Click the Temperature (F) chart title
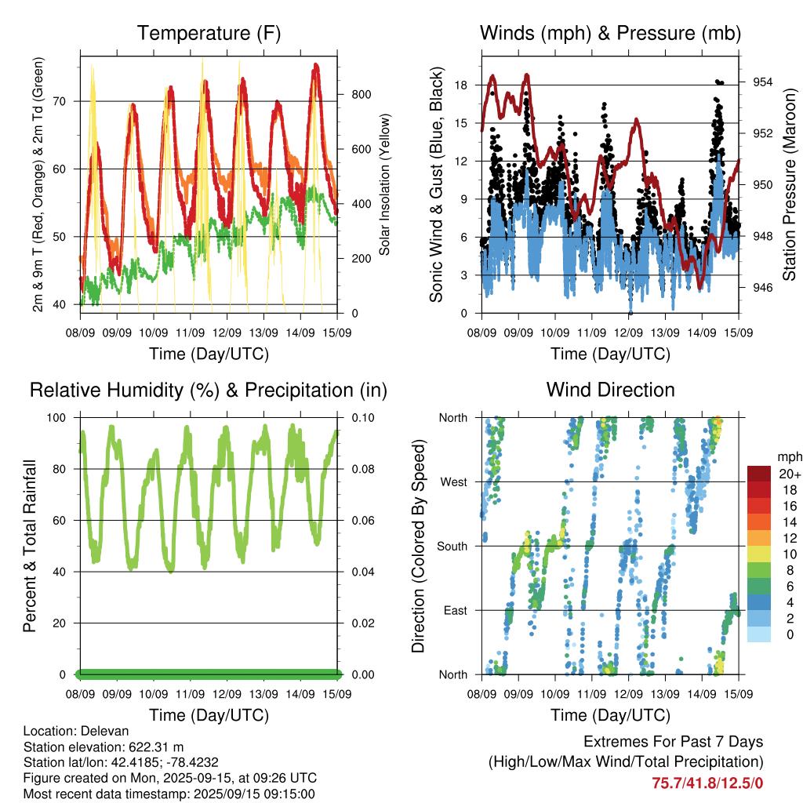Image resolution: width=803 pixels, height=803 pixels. click(209, 33)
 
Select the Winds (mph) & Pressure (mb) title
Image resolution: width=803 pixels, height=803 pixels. click(610, 33)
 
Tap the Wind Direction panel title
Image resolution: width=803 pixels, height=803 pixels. click(610, 390)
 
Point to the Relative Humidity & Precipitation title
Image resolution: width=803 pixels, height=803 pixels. click(209, 391)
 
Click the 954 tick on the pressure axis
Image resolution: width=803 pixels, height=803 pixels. click(762, 82)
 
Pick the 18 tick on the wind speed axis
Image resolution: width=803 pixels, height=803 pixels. click(461, 85)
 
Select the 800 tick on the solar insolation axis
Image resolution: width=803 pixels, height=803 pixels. click(361, 94)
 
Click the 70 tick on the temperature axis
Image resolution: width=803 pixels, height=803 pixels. click(60, 101)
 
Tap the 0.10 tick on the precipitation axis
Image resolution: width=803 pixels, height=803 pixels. click(362, 417)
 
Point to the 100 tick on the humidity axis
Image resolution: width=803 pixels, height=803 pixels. click(56, 417)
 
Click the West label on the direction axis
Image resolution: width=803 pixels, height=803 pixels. click(454, 482)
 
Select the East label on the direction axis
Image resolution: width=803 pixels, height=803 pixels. click(456, 610)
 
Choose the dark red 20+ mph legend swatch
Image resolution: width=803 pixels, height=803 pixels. click(759, 474)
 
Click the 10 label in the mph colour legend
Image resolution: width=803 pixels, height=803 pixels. click(790, 554)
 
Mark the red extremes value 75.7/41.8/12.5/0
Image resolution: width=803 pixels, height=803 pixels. click(707, 783)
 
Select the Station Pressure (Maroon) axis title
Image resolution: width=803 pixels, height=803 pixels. click(789, 184)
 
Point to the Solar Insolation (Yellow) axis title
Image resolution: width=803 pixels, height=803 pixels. click(384, 184)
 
